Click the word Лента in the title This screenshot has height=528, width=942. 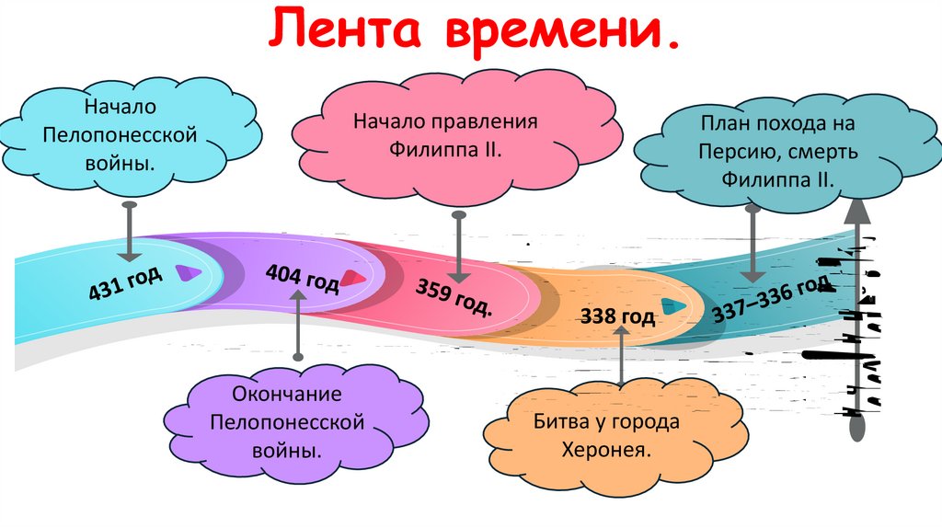348,33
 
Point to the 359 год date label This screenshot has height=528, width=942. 454,294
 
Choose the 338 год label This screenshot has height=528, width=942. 617,317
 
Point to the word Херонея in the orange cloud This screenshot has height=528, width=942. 606,451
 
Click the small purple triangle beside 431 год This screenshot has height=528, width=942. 188,272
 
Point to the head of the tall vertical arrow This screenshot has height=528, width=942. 856,212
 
